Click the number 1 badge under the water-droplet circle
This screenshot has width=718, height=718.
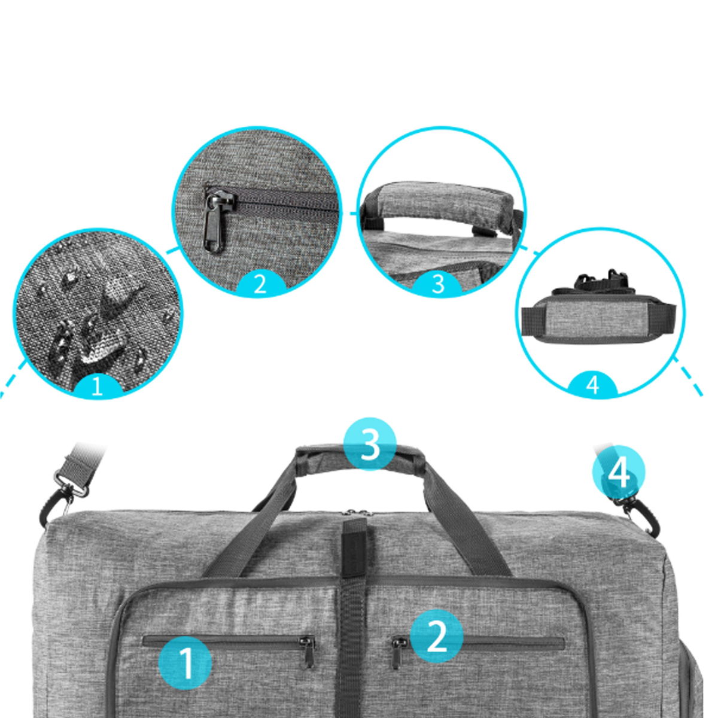(98, 386)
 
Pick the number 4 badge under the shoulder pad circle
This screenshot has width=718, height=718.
(592, 384)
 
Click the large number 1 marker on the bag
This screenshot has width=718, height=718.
(185, 663)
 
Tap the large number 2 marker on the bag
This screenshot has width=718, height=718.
(436, 635)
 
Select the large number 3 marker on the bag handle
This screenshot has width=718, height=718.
(370, 444)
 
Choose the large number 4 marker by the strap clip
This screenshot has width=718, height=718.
(619, 472)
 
